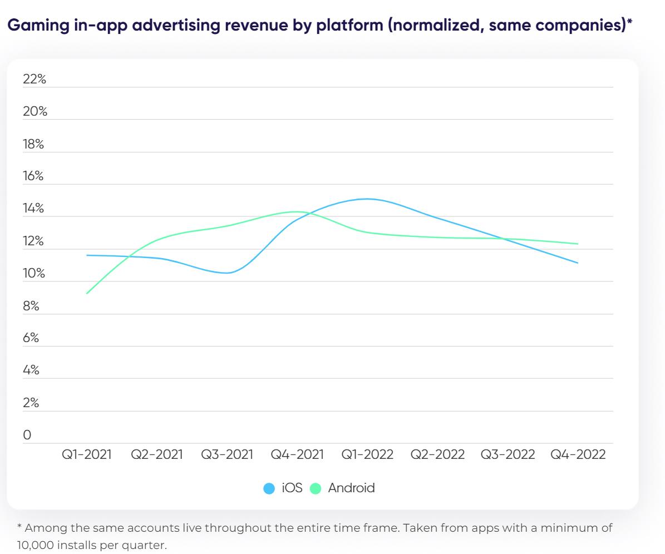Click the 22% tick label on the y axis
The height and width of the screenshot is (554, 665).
point(35,80)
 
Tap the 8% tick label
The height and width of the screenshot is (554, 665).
point(31,306)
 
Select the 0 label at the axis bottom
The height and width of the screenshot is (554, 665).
point(27,436)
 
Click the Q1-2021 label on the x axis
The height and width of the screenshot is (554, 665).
point(86,454)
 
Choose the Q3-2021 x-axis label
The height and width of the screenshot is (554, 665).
point(227,454)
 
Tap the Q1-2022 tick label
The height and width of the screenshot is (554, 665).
point(367,454)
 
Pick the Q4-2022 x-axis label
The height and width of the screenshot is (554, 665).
point(578,454)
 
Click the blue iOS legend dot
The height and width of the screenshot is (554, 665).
point(269,489)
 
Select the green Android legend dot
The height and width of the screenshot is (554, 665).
point(316,489)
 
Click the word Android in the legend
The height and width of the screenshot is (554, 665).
point(351,488)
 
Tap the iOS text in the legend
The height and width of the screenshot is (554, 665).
point(292,488)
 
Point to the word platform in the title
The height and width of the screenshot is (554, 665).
point(349,26)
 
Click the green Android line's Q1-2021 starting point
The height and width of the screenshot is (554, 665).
point(87,294)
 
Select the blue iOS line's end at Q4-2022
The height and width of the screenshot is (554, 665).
point(578,263)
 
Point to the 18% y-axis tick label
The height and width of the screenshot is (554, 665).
point(33,145)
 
